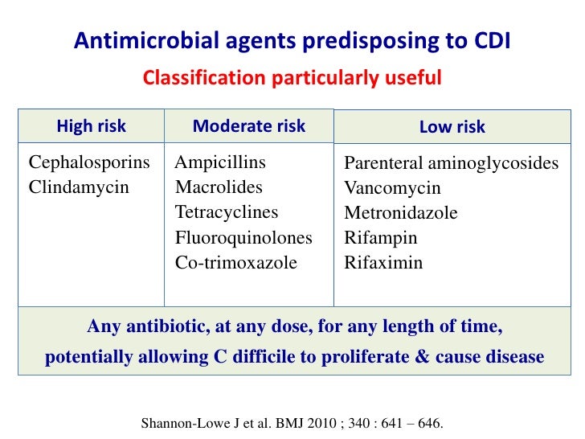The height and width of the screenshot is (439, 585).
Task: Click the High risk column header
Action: coord(91,126)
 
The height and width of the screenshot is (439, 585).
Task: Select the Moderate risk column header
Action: coord(249,126)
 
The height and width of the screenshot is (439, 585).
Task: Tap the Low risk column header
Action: coord(452,127)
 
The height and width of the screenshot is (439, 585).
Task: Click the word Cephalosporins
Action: coord(89,163)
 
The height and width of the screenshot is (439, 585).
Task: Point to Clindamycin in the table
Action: coord(78,188)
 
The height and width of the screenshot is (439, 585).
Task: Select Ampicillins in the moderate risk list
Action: coord(220,163)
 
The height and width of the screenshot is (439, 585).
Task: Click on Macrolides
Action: coord(219,188)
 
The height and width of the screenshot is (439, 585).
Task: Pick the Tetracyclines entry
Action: coord(227,213)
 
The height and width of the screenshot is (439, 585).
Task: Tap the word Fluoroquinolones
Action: coord(243,238)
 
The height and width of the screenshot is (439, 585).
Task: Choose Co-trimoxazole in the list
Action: coord(236,263)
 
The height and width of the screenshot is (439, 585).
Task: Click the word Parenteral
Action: coord(381,164)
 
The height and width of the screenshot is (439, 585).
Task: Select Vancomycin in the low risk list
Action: coord(392,189)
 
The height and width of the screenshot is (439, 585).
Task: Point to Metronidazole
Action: coord(401,214)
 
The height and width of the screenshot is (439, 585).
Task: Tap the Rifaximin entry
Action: coord(383,263)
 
